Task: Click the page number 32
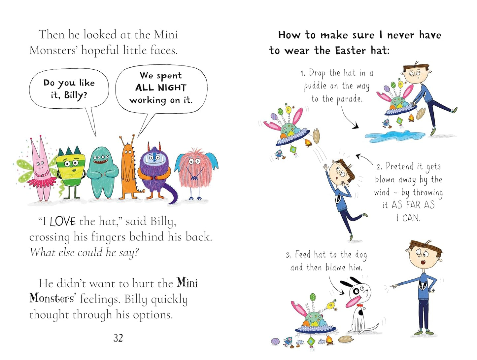[x=118, y=338]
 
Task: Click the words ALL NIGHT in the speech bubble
[x=160, y=88]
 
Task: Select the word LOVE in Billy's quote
[x=63, y=222]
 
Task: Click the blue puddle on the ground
[x=394, y=136]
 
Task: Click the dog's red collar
[x=360, y=306]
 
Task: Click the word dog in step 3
[x=361, y=255]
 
